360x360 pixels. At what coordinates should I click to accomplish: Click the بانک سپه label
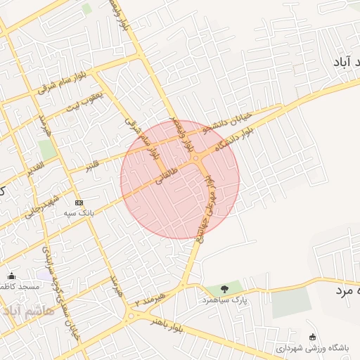[78, 212]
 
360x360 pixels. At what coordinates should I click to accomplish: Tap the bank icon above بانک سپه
[78, 201]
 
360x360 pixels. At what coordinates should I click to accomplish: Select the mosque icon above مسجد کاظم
[11, 276]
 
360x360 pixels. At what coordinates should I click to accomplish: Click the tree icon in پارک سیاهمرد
[224, 288]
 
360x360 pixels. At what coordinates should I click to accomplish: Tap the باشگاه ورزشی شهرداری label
[310, 347]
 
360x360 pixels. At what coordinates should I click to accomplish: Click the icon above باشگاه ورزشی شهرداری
[313, 336]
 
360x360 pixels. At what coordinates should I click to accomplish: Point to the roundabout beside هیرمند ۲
[130, 316]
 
